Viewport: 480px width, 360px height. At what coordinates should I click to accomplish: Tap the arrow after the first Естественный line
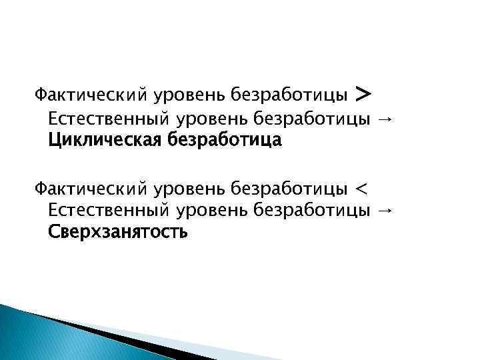(385, 120)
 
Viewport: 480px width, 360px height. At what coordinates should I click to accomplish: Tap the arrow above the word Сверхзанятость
(385, 211)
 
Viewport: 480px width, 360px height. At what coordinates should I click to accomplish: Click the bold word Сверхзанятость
(117, 233)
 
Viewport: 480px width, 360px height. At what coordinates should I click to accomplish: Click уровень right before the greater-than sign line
(191, 97)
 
